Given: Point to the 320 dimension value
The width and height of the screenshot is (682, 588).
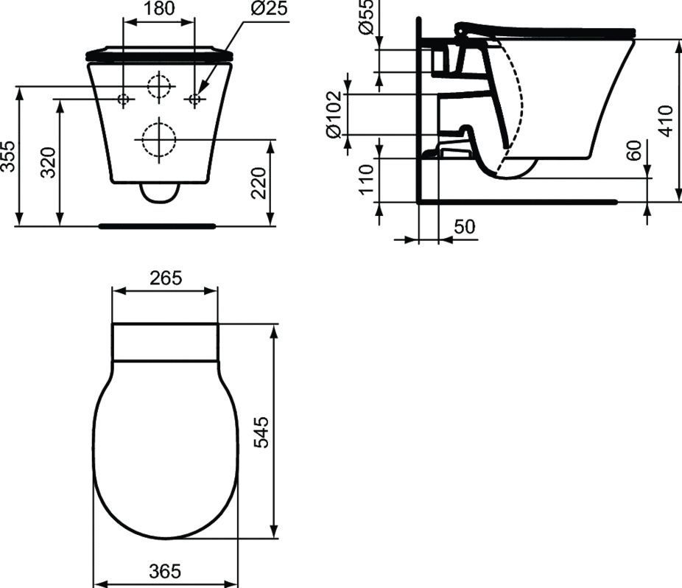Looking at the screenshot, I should tap(49, 164).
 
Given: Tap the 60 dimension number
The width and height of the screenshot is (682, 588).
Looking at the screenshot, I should tap(633, 152).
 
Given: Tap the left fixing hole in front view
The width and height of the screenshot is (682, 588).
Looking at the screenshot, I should tap(124, 99).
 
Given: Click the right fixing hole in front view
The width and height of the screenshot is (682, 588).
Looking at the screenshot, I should tap(194, 99).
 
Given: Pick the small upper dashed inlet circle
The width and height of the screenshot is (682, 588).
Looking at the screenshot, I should tap(158, 87).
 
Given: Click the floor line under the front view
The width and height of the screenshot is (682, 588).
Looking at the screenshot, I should tap(157, 226).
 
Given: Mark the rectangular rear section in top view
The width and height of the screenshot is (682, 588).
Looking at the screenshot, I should tap(165, 342).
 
